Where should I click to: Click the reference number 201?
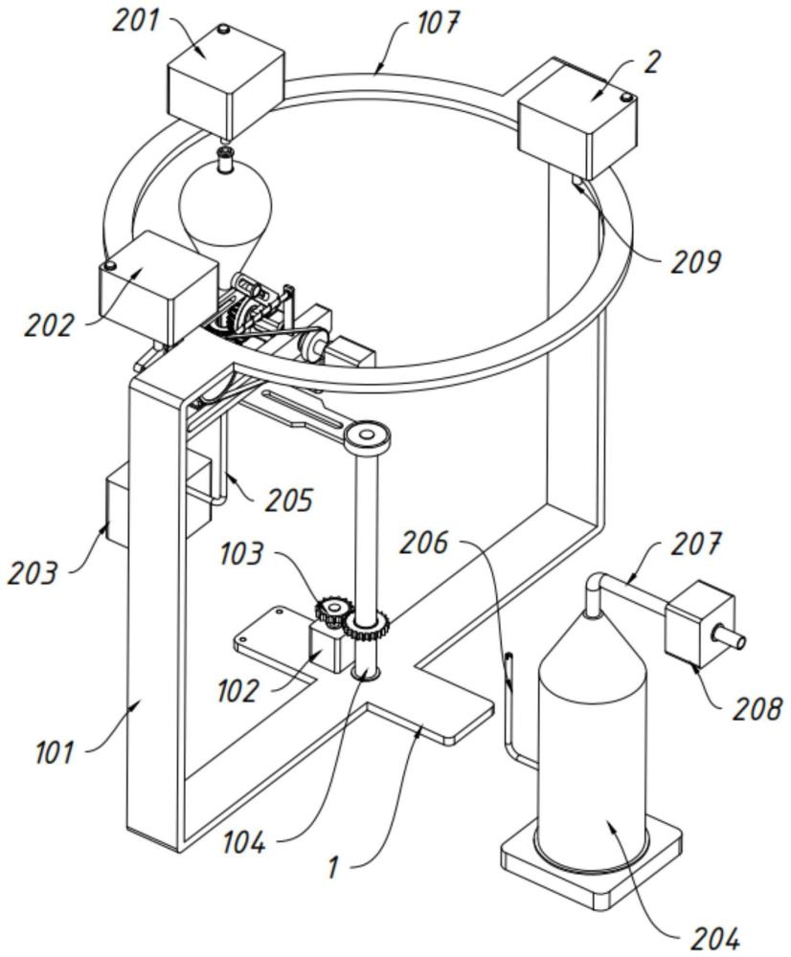coord(135,20)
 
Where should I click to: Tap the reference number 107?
coord(437,22)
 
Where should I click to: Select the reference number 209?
coord(695,261)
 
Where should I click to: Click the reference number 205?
coord(289,500)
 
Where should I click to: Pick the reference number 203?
coord(33,573)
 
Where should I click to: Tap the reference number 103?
coord(242,553)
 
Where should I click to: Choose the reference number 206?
coord(424,543)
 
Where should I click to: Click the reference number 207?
coord(696,544)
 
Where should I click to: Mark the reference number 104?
coord(243,842)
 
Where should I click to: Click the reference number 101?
coord(55,752)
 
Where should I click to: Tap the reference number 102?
coord(237,691)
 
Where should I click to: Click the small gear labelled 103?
coord(334,611)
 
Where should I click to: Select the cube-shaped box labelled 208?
coord(699,624)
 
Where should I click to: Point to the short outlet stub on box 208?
coord(730,637)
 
